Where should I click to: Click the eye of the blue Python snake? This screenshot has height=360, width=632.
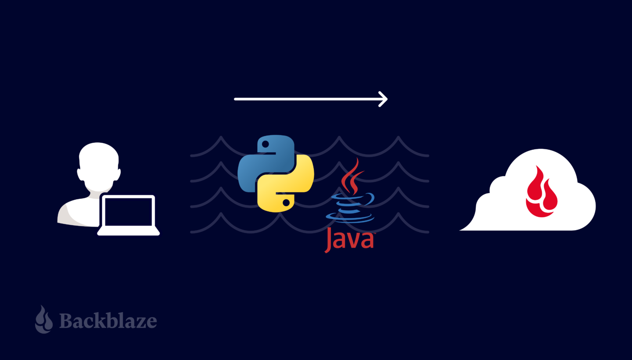(x=265, y=144)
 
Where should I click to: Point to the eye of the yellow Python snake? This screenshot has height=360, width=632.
(x=286, y=202)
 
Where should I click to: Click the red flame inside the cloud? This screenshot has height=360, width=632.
(x=542, y=192)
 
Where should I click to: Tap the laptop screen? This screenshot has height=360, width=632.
(x=129, y=212)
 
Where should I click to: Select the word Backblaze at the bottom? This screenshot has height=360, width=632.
(x=108, y=321)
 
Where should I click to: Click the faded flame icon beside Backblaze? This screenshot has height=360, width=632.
(x=44, y=319)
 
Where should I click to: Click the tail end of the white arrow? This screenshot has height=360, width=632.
(x=235, y=99)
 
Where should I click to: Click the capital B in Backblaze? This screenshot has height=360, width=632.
(x=66, y=321)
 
